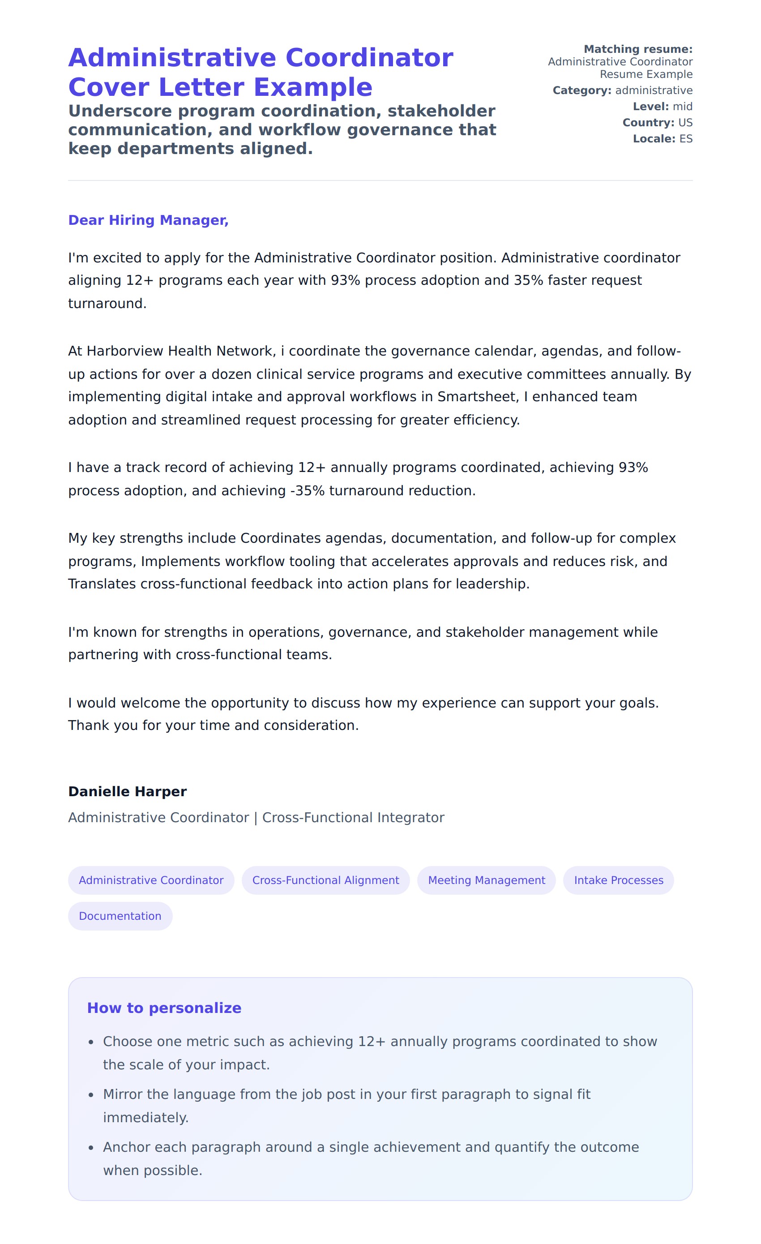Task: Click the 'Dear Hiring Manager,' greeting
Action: click(148, 220)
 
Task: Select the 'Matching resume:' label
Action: click(638, 49)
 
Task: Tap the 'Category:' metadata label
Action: click(582, 90)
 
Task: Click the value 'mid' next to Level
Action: click(682, 107)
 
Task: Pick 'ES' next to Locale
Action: click(685, 139)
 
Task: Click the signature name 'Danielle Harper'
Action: click(127, 791)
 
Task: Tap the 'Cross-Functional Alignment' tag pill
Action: click(325, 880)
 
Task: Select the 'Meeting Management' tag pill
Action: click(486, 880)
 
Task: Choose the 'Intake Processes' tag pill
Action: click(618, 880)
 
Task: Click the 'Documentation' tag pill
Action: click(120, 916)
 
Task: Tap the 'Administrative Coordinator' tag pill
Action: click(151, 880)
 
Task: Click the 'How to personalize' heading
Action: click(164, 1008)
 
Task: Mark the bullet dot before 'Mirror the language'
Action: click(91, 1095)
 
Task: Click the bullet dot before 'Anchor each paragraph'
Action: click(91, 1148)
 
